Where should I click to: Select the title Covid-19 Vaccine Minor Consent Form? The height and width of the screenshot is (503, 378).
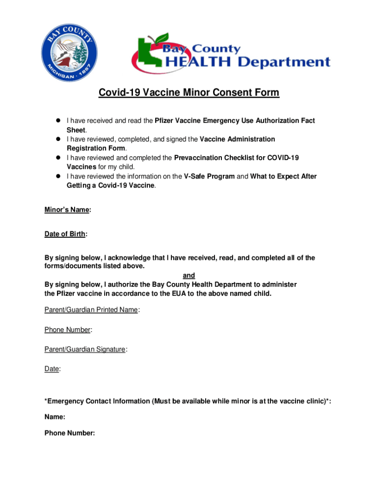189,93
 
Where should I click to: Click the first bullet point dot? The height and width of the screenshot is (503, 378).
57,121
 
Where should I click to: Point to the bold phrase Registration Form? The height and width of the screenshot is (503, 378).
96,148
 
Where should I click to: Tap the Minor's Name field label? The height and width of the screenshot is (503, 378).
67,210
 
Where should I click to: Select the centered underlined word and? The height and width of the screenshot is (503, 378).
189,276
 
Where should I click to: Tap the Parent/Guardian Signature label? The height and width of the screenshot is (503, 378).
85,349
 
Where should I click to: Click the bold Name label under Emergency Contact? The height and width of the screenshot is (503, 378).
54,417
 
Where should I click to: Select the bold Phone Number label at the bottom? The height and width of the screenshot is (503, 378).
69,433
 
